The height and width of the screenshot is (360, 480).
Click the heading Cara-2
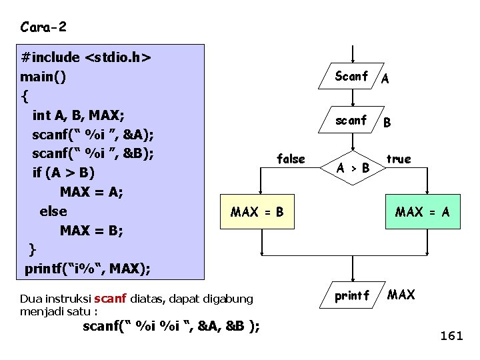43,27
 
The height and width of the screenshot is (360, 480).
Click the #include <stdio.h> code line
86,57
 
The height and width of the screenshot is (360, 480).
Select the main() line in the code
43,77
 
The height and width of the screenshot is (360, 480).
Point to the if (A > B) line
64,173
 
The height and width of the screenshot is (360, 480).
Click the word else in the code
53,211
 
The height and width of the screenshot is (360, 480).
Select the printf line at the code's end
87,269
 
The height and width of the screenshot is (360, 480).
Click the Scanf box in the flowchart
352,77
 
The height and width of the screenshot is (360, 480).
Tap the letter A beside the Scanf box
385,79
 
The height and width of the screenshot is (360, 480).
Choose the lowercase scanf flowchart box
351,121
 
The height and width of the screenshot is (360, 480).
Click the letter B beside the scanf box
387,123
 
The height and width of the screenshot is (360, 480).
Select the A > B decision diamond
353,168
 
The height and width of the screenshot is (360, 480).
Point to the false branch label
291,159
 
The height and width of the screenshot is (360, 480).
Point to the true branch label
399,159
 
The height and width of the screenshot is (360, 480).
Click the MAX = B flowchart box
257,213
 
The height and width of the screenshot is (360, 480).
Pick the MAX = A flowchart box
423,213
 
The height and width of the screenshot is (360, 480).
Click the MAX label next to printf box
401,295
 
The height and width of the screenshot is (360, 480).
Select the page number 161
451,336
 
